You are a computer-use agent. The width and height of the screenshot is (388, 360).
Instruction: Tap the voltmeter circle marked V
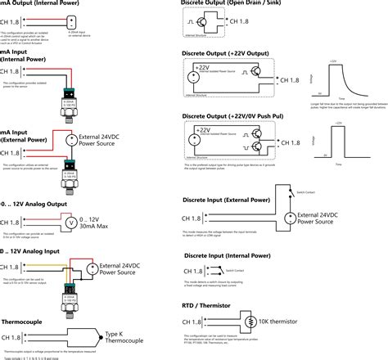click(70, 222)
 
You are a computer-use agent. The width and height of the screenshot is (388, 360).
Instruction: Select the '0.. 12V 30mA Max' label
click(102, 222)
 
